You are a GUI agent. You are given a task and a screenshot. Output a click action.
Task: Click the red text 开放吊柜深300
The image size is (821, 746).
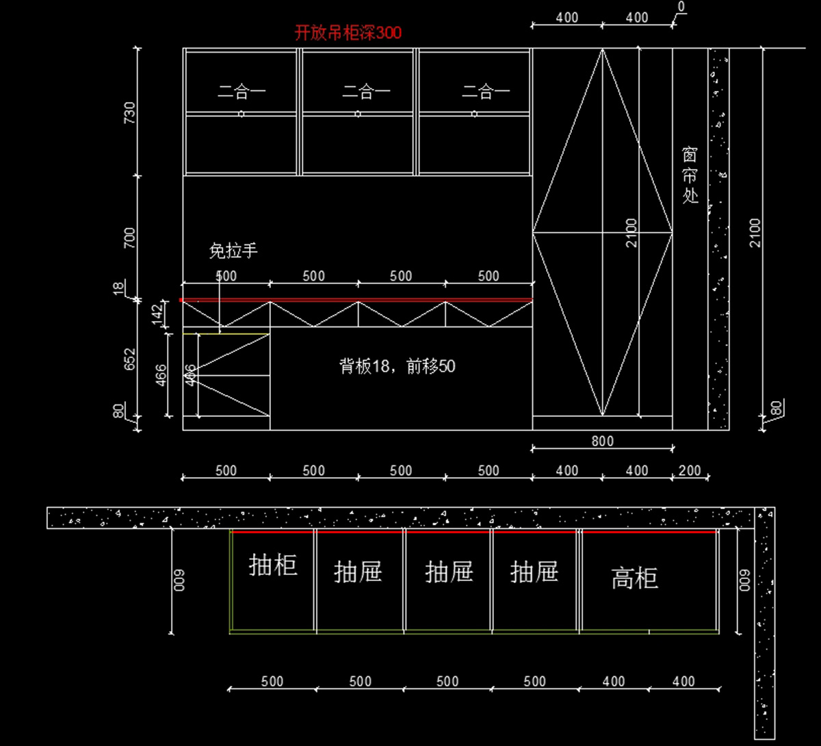pos(348,33)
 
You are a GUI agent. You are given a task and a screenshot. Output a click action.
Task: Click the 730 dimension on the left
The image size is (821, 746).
pos(129,112)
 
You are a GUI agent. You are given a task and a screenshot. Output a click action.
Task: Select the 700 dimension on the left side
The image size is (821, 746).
pos(129,237)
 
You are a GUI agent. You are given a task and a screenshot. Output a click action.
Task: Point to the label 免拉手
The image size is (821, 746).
pos(233,251)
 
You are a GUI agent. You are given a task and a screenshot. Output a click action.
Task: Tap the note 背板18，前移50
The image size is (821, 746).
pos(398,366)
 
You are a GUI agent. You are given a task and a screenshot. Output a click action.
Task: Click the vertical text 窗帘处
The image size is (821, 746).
pos(690,175)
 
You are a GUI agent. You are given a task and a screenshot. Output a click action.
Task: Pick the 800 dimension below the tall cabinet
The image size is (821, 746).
pos(602,441)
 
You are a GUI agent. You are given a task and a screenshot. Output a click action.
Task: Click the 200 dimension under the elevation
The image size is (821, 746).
pos(690,471)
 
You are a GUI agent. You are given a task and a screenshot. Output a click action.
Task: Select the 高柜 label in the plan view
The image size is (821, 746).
pos(635,579)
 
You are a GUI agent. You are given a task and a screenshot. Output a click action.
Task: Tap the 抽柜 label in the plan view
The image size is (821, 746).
pos(273,565)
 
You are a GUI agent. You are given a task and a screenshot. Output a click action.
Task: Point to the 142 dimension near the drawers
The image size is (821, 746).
pos(157,313)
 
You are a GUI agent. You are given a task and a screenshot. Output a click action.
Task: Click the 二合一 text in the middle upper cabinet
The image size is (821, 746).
pos(367,92)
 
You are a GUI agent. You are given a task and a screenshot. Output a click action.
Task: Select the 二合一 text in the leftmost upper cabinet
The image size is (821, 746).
pos(242,92)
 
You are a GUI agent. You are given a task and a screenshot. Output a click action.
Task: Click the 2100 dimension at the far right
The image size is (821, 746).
pos(755,233)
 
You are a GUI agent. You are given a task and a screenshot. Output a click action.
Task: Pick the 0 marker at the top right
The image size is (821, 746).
pos(681,7)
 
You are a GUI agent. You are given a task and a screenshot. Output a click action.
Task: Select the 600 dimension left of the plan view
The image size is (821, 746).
pos(180,580)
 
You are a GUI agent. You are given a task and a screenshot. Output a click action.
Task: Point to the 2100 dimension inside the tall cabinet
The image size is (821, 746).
pos(631,233)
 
